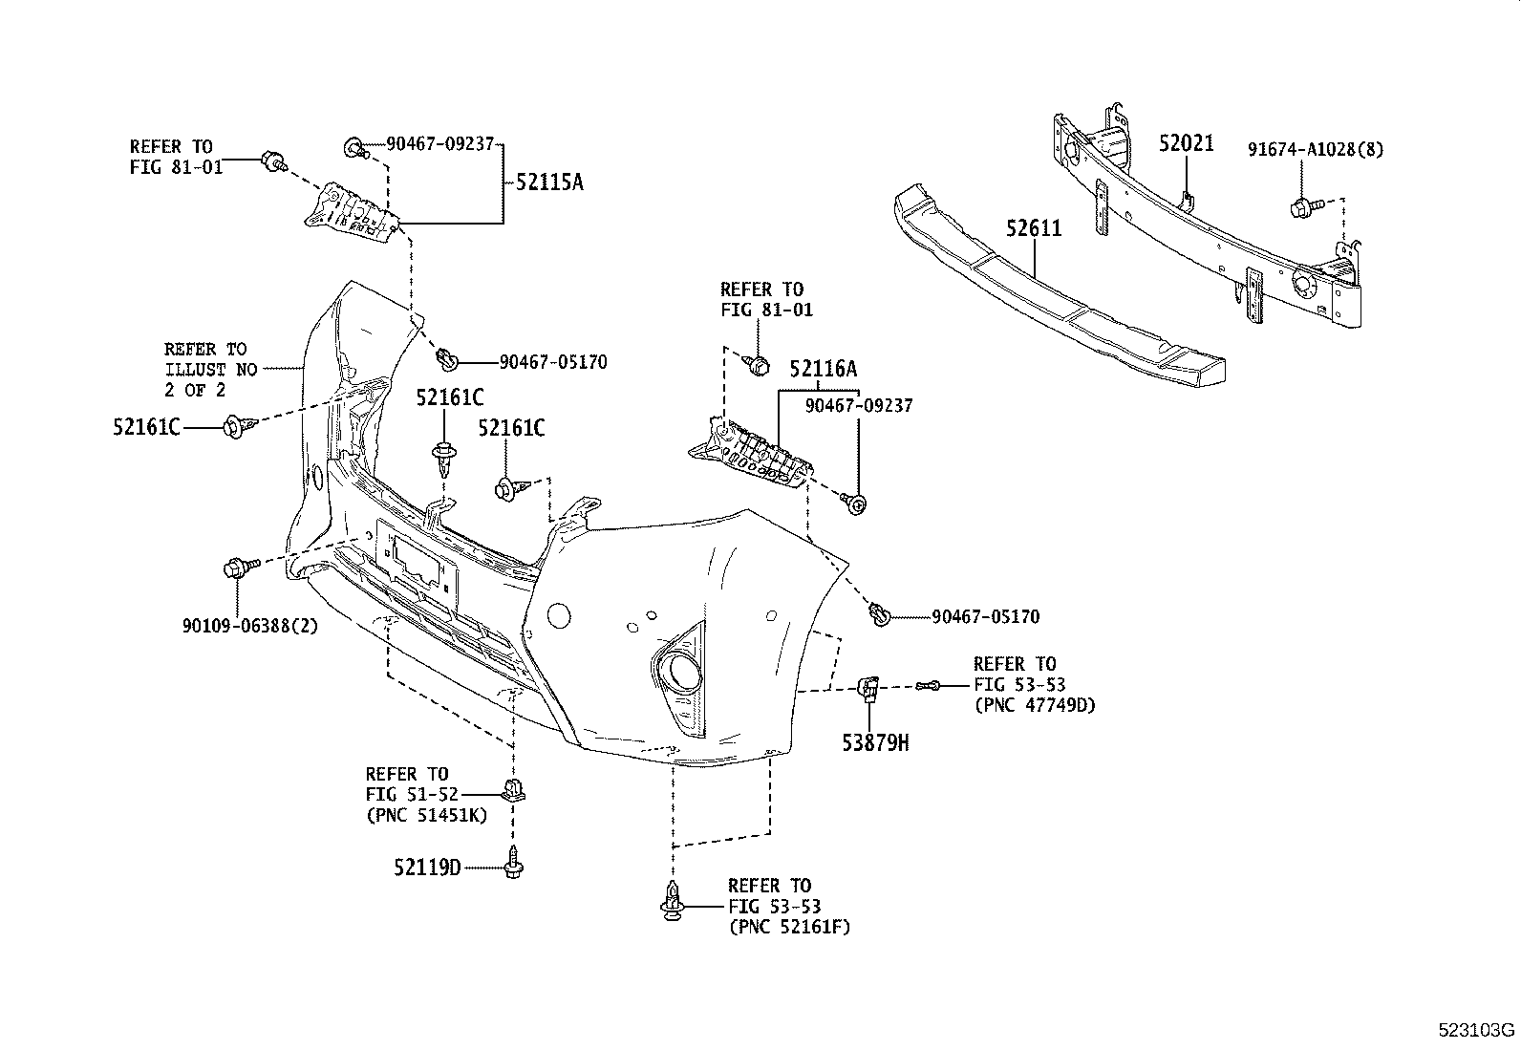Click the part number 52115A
[548, 182]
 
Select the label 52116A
[823, 369]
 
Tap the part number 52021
[1186, 144]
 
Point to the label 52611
[1033, 228]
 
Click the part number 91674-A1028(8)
[1315, 149]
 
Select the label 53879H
[875, 741]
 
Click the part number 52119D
[426, 868]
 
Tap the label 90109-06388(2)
[249, 626]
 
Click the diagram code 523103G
[1477, 1031]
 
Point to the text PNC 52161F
[789, 927]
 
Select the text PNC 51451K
[426, 815]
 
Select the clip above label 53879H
[868, 687]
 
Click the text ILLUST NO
[210, 369]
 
